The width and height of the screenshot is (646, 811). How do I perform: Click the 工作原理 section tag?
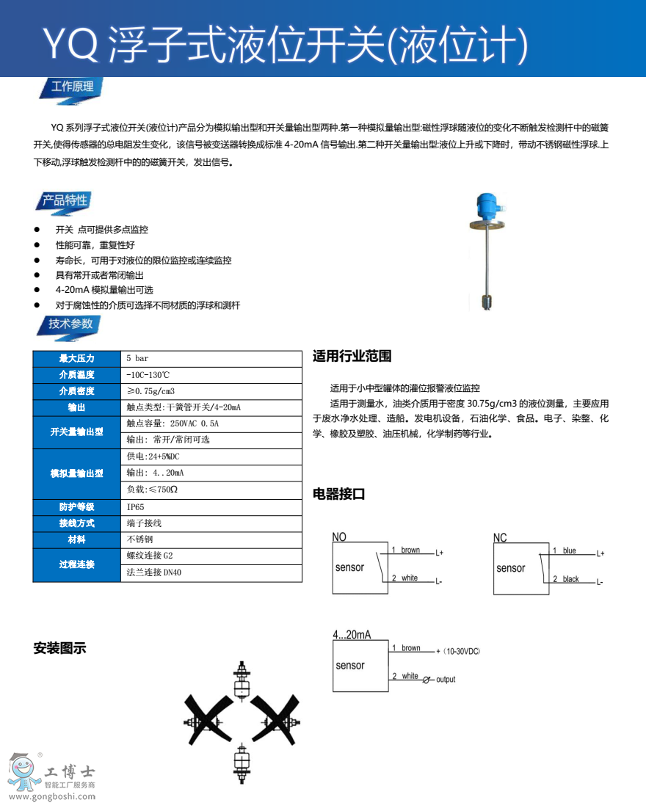pos(71,87)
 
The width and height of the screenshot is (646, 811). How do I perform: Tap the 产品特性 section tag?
pos(64,200)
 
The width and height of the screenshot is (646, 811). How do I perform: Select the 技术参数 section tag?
pos(70,324)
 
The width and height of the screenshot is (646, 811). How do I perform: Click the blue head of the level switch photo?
pos(485,205)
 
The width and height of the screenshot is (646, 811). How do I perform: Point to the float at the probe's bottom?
pos(485,300)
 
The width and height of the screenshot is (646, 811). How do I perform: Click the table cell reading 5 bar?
pos(137,358)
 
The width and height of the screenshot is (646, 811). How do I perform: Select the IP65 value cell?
pos(136,507)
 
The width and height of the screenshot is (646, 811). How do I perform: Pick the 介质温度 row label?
pos(76,375)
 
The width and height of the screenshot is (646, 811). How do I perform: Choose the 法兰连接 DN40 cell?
pos(154,572)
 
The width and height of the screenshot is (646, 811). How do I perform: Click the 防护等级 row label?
pos(76,507)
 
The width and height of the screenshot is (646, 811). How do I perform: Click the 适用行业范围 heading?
pos(352,357)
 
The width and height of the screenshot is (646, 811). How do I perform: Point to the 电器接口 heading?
pos(339,494)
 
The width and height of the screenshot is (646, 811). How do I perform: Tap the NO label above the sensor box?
pos(339,537)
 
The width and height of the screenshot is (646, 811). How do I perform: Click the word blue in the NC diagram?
pos(569,550)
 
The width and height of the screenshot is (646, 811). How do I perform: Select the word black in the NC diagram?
pos(570,579)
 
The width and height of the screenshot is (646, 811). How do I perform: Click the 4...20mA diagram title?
pos(352,634)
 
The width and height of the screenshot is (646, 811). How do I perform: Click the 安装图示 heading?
pos(59,648)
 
